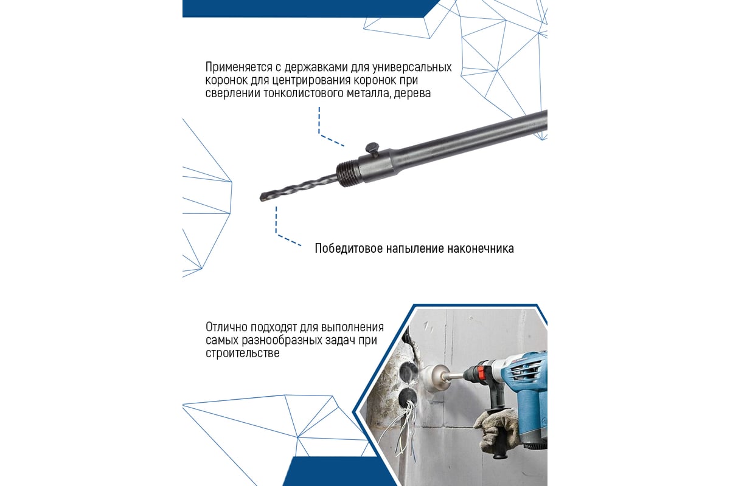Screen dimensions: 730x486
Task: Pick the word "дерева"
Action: click(412, 94)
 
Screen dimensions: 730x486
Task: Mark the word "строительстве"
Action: click(243, 353)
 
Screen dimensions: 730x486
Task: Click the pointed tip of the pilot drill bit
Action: click(261, 197)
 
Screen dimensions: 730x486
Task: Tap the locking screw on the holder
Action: click(372, 149)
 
